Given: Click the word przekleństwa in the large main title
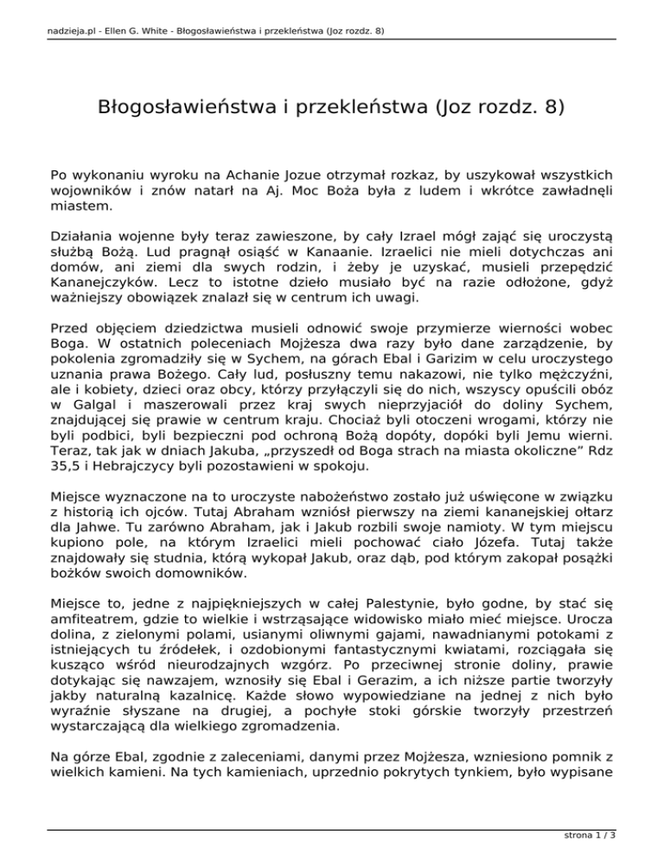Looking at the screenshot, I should point(367,110).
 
